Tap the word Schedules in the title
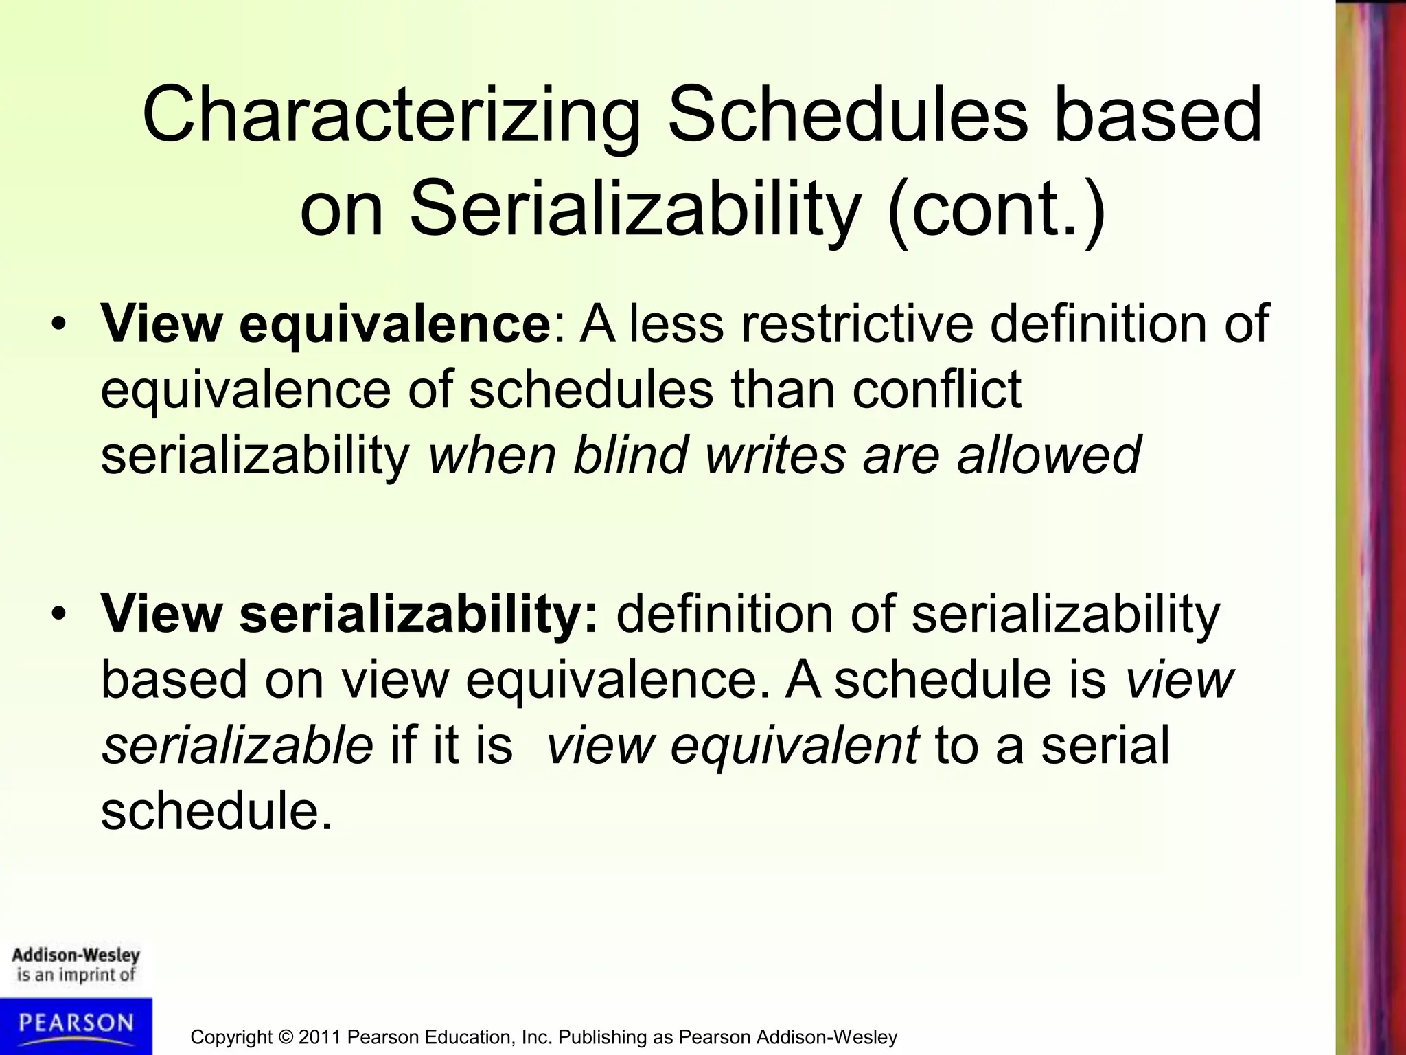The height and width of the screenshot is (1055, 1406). (849, 115)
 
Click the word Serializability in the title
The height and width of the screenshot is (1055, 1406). (635, 210)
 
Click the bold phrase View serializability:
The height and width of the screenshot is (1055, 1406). (349, 613)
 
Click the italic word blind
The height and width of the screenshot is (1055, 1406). (630, 455)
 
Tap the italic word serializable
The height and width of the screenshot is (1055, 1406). (237, 746)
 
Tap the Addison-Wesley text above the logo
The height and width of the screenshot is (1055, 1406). (76, 955)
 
